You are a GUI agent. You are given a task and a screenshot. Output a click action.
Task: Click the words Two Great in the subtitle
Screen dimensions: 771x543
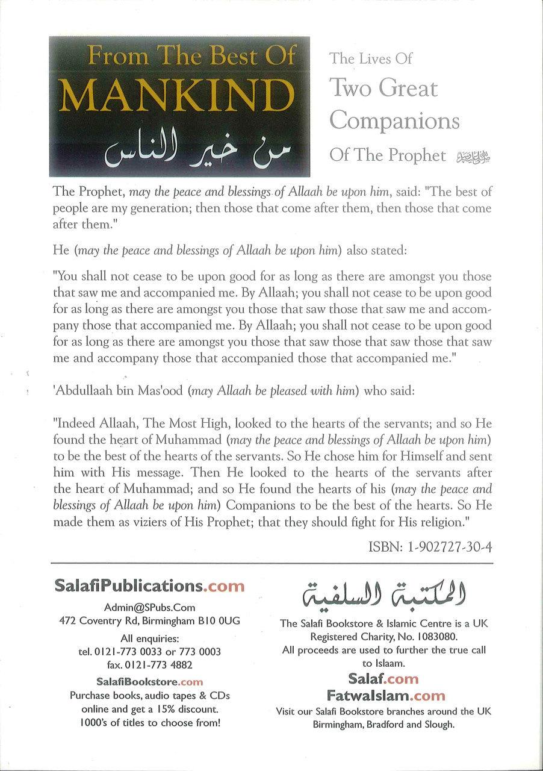(x=383, y=89)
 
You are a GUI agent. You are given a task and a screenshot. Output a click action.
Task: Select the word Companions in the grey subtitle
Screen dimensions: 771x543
(x=394, y=120)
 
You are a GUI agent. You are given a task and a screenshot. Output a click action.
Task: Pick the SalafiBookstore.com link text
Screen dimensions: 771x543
(x=149, y=682)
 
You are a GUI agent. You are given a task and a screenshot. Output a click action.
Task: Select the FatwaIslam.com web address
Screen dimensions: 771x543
(x=384, y=695)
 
